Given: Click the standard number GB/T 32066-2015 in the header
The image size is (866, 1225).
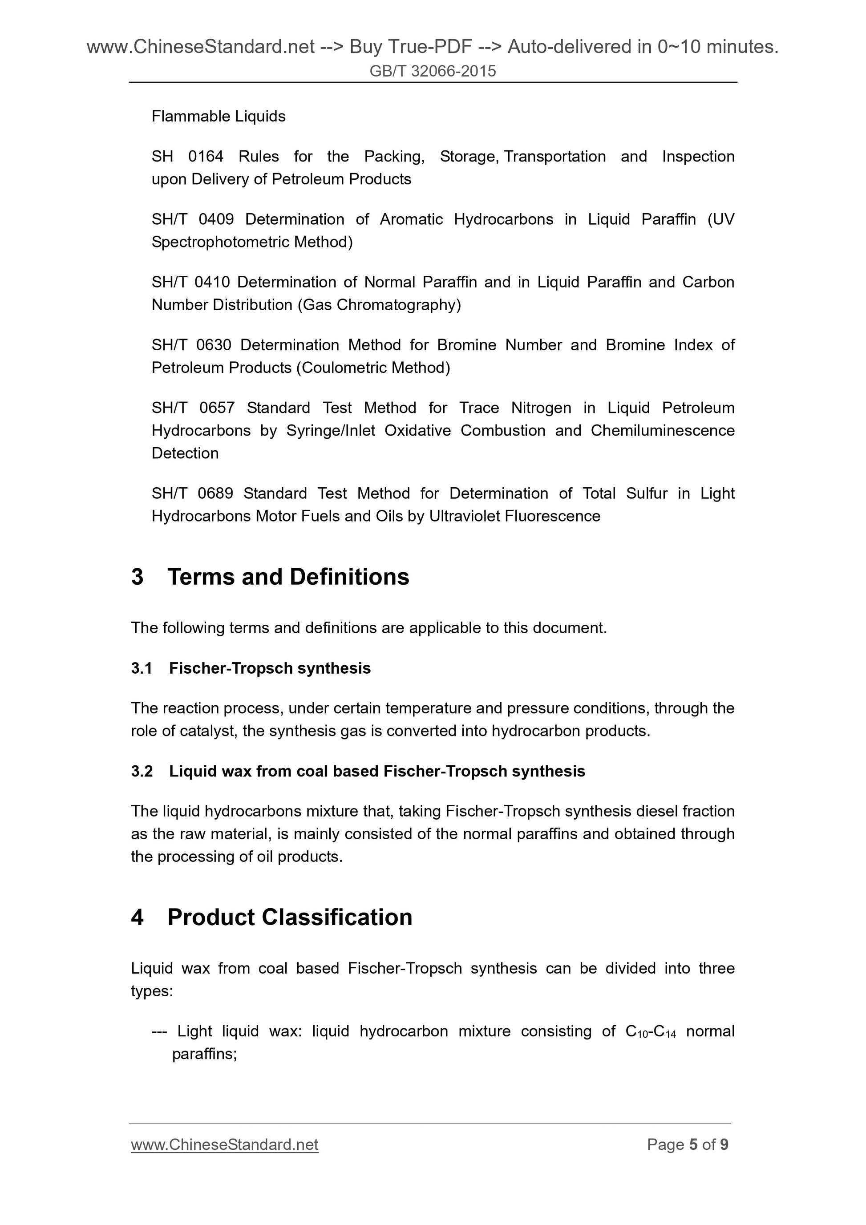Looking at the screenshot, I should click(432, 71).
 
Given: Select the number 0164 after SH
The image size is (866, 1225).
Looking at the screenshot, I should click(206, 156).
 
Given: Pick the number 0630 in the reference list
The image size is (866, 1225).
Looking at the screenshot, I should click(214, 345).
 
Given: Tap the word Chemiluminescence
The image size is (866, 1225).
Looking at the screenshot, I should click(662, 431).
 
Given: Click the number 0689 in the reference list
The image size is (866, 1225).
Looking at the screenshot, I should click(215, 493).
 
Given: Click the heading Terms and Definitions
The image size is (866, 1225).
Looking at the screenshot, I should click(288, 577).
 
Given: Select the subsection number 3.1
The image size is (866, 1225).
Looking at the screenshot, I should click(142, 668).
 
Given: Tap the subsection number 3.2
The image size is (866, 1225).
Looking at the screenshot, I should click(142, 771).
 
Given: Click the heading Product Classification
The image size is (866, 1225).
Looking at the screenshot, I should click(290, 917).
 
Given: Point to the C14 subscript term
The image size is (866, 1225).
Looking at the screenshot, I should click(665, 1031).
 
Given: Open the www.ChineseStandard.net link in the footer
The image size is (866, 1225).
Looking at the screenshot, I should click(225, 1144).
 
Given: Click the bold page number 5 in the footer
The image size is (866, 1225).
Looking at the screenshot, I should click(693, 1144).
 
